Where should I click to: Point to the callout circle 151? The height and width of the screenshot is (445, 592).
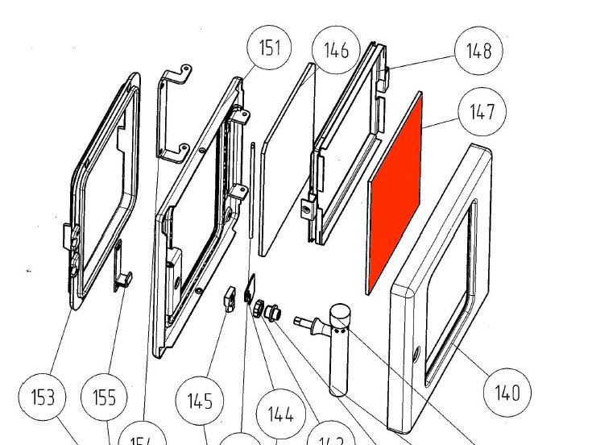pyautogui.click(x=269, y=48)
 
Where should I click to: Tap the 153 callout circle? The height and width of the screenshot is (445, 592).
pyautogui.click(x=43, y=397)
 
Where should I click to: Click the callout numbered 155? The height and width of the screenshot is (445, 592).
pyautogui.click(x=105, y=397)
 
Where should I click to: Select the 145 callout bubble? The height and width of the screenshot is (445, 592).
pyautogui.click(x=200, y=401)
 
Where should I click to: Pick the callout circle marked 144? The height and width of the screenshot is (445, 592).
pyautogui.click(x=279, y=415)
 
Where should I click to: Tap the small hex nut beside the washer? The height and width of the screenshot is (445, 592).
pyautogui.click(x=257, y=309)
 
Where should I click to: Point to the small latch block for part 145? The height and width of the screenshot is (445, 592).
pyautogui.click(x=227, y=297)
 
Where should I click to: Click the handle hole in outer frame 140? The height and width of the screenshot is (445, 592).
pyautogui.click(x=415, y=355)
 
